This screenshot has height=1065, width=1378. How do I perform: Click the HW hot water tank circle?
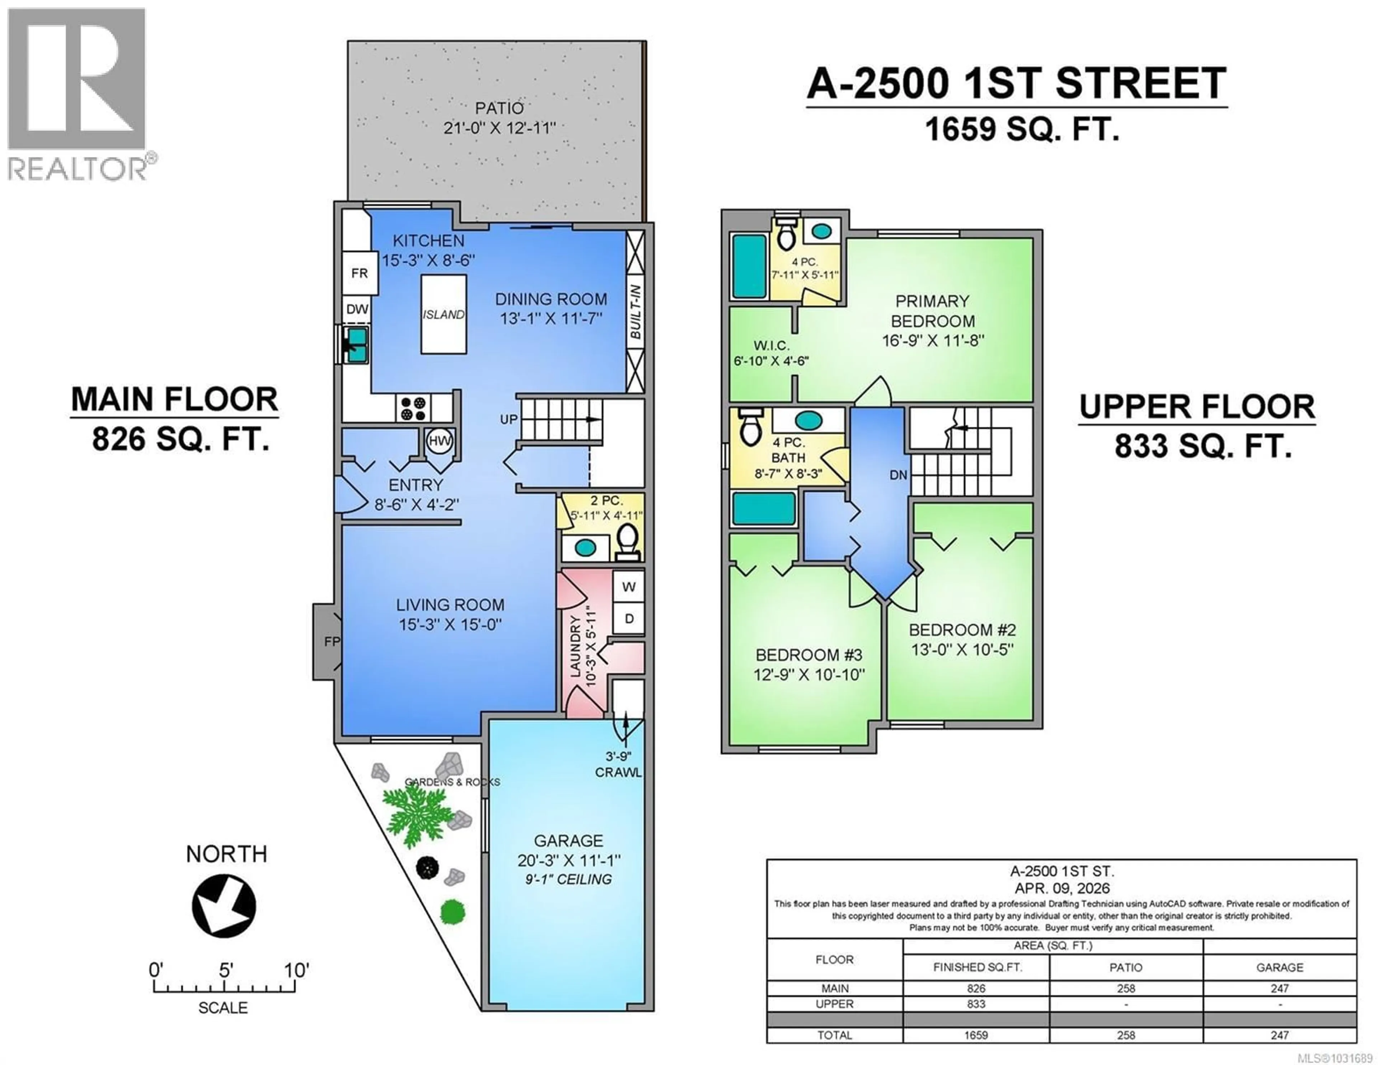[439, 441]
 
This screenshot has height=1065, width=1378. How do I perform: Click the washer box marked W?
[628, 587]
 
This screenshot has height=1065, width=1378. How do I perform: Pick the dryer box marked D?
[628, 619]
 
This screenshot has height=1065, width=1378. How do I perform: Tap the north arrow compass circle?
[224, 906]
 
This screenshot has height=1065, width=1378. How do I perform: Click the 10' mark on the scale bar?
[295, 970]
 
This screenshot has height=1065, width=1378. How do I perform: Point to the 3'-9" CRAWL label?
[618, 764]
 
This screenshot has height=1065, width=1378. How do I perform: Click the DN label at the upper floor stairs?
[899, 475]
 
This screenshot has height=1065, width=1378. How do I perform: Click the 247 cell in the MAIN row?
[1280, 988]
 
